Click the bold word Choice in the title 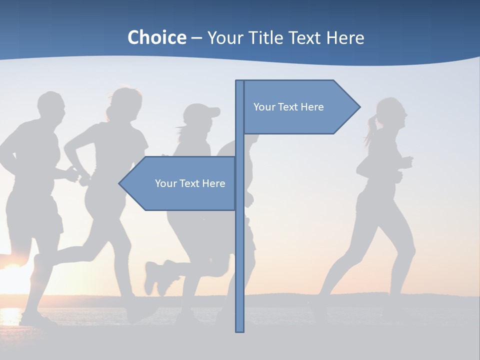(x=156, y=37)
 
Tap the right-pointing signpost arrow (x=300, y=107)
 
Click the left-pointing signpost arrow (x=180, y=183)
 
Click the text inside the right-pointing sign (x=288, y=107)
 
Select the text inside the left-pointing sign (x=190, y=183)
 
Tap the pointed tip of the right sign (x=358, y=107)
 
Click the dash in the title (x=196, y=38)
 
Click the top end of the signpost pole (x=239, y=82)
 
